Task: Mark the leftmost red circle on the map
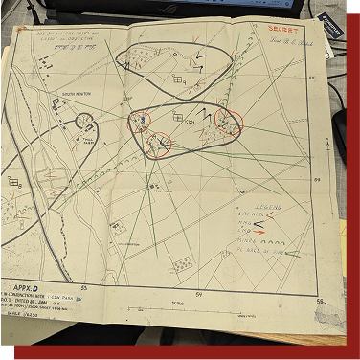tap(140, 122)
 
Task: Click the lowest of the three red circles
tap(159, 144)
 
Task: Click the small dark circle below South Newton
tap(85, 121)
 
